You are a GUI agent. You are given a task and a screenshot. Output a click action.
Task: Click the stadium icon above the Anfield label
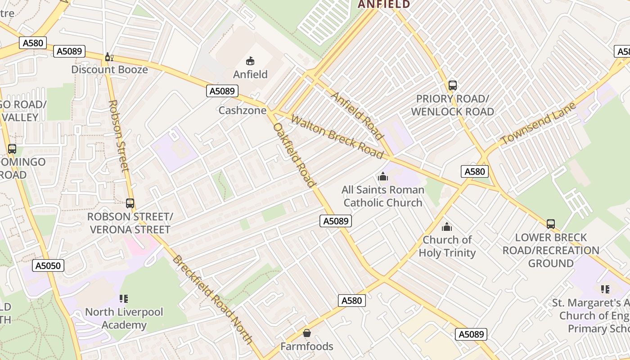(x=250, y=61)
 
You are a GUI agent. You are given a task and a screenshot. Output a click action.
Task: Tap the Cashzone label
(x=242, y=110)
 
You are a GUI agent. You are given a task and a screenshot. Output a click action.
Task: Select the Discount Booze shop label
(x=109, y=69)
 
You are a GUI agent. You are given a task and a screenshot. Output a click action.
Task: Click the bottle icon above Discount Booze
(x=108, y=57)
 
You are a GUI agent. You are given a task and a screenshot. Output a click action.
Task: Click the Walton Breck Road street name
(x=337, y=137)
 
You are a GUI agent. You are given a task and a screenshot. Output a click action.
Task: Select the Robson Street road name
(x=119, y=135)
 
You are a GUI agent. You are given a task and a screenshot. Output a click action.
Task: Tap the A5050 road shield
(x=48, y=265)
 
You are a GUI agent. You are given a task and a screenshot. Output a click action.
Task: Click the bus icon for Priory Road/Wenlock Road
(x=453, y=85)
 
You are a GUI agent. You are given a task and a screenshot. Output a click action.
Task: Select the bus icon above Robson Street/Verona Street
(x=130, y=203)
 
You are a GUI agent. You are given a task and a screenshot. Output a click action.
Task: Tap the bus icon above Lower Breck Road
(x=550, y=224)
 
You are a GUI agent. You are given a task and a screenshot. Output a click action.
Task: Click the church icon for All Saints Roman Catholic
(x=383, y=176)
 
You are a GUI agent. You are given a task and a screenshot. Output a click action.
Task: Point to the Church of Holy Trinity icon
(x=447, y=227)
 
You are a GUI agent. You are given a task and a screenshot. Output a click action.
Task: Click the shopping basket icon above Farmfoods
(x=307, y=333)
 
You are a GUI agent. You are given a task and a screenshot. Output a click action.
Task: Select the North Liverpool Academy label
(x=124, y=318)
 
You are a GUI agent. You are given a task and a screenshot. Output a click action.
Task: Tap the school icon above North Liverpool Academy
(x=124, y=298)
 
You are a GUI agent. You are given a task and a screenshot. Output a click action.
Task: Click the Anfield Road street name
(x=357, y=116)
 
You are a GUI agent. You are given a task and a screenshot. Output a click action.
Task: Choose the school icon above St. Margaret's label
(x=605, y=289)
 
